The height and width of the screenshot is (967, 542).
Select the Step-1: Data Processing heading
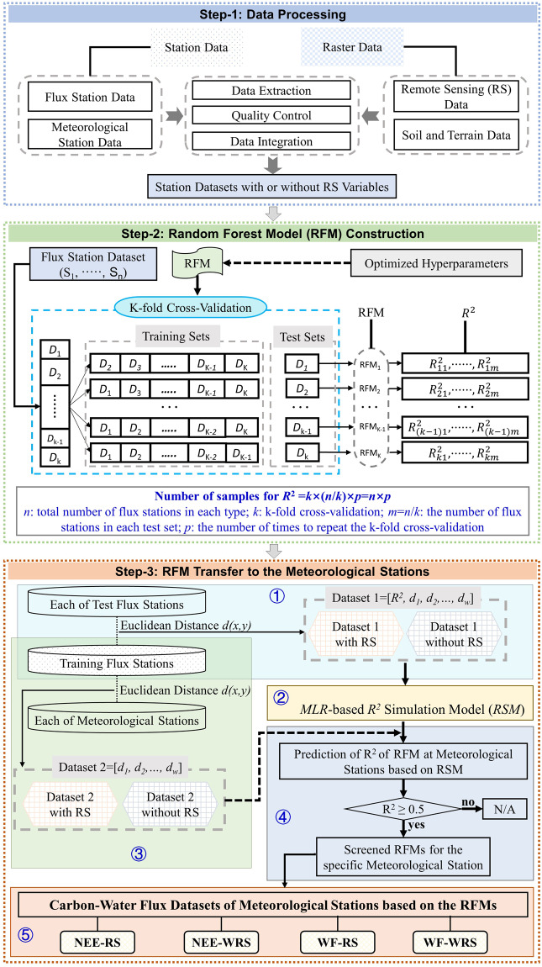pos(271,15)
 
